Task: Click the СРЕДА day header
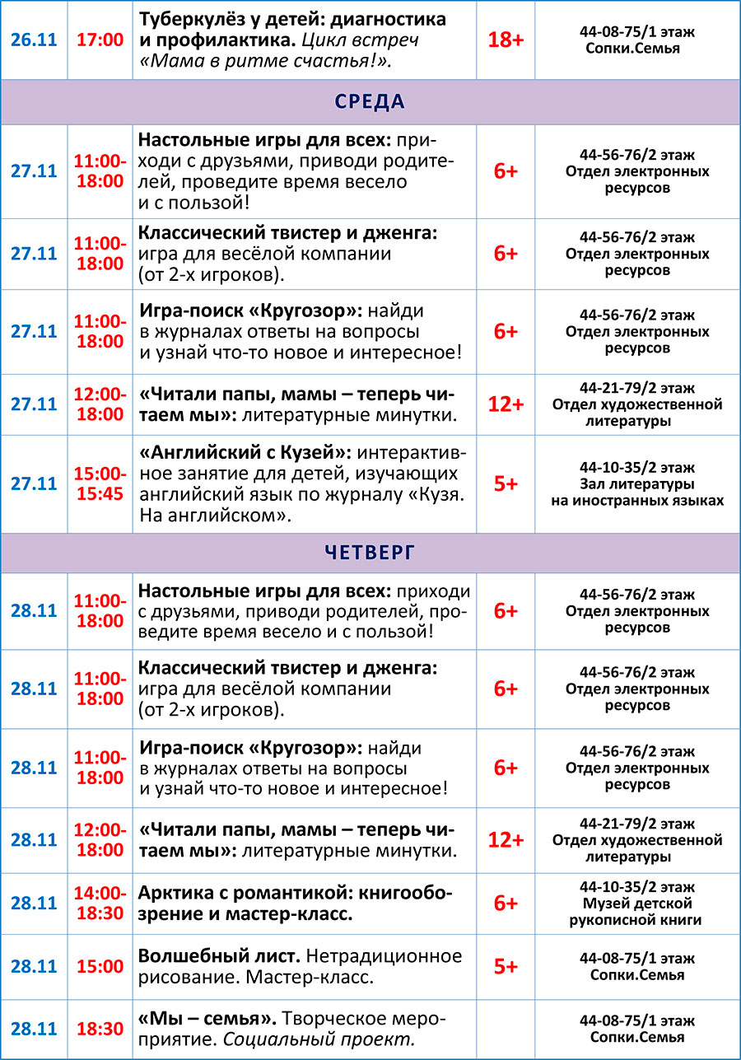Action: click(370, 102)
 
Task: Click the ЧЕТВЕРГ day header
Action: click(370, 553)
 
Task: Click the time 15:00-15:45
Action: click(100, 483)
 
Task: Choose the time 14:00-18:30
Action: click(100, 903)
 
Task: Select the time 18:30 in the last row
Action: click(100, 1029)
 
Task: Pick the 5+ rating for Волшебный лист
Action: click(506, 966)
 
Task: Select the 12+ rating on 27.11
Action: click(506, 404)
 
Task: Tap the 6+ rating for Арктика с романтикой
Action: click(506, 903)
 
